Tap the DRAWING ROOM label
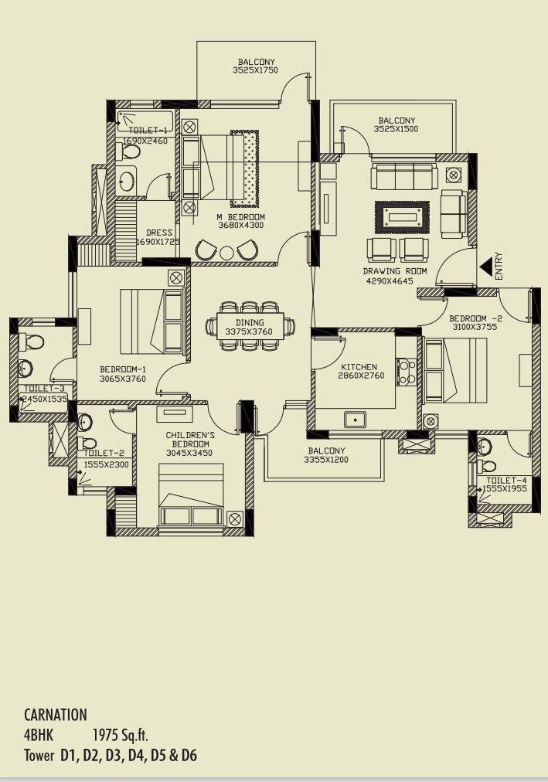click(x=395, y=271)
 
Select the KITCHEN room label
click(x=359, y=367)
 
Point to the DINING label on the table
click(x=250, y=322)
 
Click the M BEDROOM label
click(x=241, y=217)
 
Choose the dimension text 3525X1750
click(x=255, y=71)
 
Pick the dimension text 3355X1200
click(x=326, y=461)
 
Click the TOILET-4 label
click(x=506, y=480)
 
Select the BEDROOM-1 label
click(x=123, y=369)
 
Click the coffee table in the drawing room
click(x=402, y=216)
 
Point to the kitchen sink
click(x=356, y=420)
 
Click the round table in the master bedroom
click(x=226, y=253)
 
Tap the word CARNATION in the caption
click(x=56, y=715)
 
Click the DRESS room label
click(x=158, y=233)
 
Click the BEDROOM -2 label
click(x=476, y=318)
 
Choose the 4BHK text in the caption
click(x=39, y=735)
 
